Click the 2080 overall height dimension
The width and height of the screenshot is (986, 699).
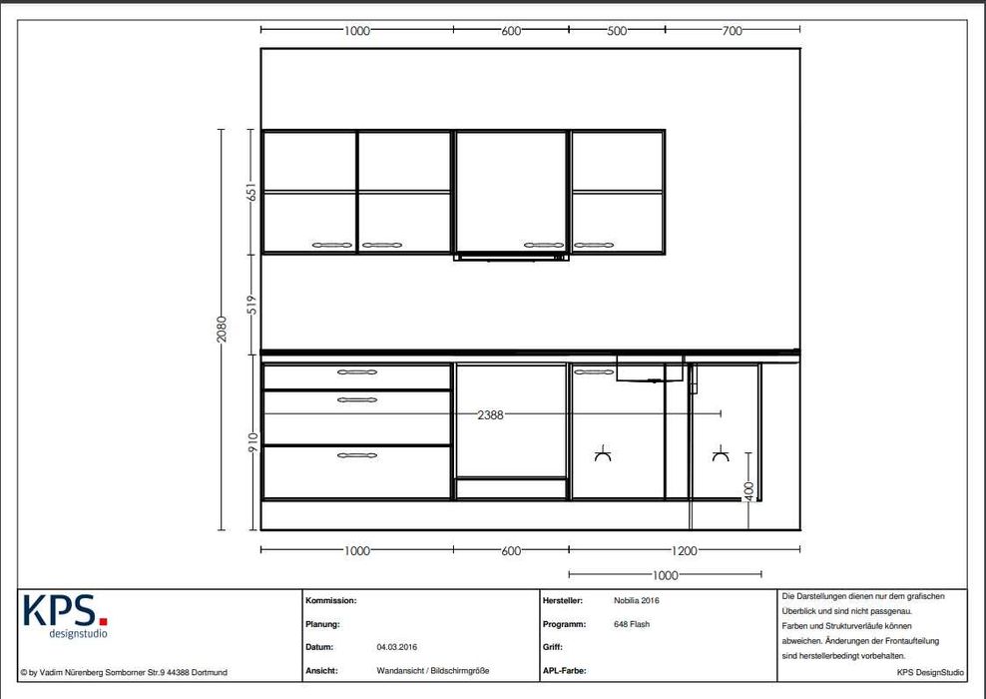pos(222,330)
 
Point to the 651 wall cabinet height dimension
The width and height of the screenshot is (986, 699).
pos(251,192)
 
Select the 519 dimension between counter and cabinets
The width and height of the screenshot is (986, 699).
pos(251,305)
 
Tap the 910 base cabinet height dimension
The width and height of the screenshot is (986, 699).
pos(252,442)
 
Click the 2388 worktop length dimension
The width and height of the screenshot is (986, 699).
pos(490,414)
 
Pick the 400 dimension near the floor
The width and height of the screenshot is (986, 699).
pos(748,491)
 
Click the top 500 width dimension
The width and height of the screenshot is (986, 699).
pos(617,31)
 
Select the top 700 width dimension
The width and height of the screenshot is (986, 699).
pos(732,31)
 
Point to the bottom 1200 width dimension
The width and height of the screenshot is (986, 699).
pos(685,551)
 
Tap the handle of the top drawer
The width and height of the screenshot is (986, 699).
pos(357,372)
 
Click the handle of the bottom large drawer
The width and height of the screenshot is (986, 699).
pos(357,455)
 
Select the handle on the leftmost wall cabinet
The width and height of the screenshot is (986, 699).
pos(332,245)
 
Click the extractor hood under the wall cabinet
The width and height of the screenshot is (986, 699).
pos(511,258)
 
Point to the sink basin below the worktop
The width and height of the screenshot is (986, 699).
pos(650,368)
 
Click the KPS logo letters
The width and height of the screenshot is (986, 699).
pos(66,610)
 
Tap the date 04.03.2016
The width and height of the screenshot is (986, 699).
pos(397,647)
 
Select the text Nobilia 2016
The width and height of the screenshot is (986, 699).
pos(637,601)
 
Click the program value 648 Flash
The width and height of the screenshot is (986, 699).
pos(632,624)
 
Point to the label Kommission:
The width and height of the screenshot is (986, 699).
pos(330,601)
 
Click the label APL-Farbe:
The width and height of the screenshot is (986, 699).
pos(564,671)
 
